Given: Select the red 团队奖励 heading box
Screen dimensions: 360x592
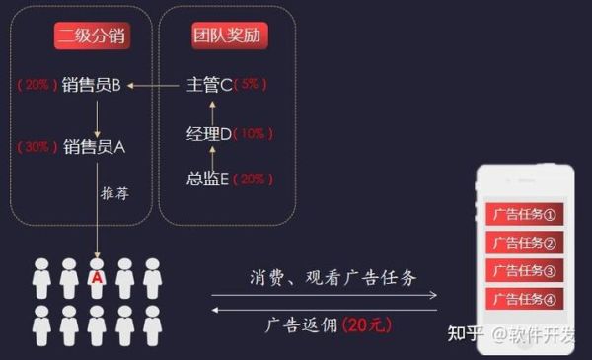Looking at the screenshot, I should tap(230, 36).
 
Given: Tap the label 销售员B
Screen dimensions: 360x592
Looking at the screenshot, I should tap(91, 85).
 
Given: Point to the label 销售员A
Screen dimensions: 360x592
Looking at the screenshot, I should tap(94, 148).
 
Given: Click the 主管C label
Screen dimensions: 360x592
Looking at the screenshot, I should tap(209, 85).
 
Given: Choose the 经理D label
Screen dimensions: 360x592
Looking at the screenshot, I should tap(209, 133).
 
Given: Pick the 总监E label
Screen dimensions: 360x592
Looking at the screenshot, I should tap(208, 180).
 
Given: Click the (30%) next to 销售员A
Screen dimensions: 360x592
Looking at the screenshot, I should tap(37, 148).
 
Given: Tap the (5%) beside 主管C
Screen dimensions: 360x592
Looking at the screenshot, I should tap(250, 85).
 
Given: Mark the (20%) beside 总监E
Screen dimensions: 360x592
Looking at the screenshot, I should tap(253, 180).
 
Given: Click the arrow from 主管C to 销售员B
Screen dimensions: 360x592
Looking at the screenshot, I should tap(156, 86).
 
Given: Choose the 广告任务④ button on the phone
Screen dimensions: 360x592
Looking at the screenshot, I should tap(523, 298).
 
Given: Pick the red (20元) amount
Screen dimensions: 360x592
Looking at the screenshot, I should tap(370, 324).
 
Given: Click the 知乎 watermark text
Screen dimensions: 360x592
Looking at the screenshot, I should tap(466, 333).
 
